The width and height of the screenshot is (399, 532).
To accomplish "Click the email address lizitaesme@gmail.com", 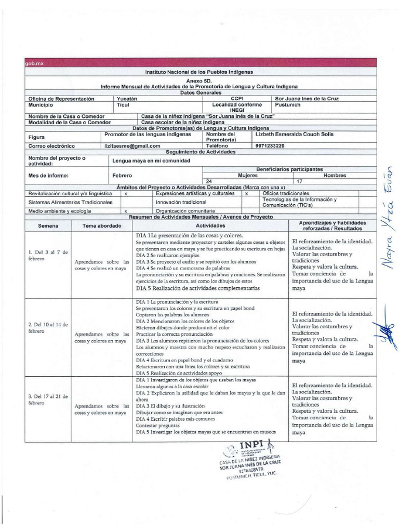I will [x=132, y=147].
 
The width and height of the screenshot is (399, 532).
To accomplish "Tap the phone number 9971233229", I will [x=270, y=146].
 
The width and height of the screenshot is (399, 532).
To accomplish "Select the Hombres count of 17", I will [x=299, y=181].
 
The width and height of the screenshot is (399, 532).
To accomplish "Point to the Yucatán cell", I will [x=127, y=98].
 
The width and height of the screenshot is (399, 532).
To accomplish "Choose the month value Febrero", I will [x=122, y=176].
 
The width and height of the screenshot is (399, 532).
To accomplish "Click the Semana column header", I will [x=48, y=226].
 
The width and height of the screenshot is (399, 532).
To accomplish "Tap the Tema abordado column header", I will [x=102, y=226].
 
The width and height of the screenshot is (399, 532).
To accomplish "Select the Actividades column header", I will [x=210, y=226].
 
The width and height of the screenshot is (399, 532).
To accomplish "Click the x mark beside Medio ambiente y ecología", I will [x=126, y=211].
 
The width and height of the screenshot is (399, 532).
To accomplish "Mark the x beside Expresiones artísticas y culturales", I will [x=246, y=193].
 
